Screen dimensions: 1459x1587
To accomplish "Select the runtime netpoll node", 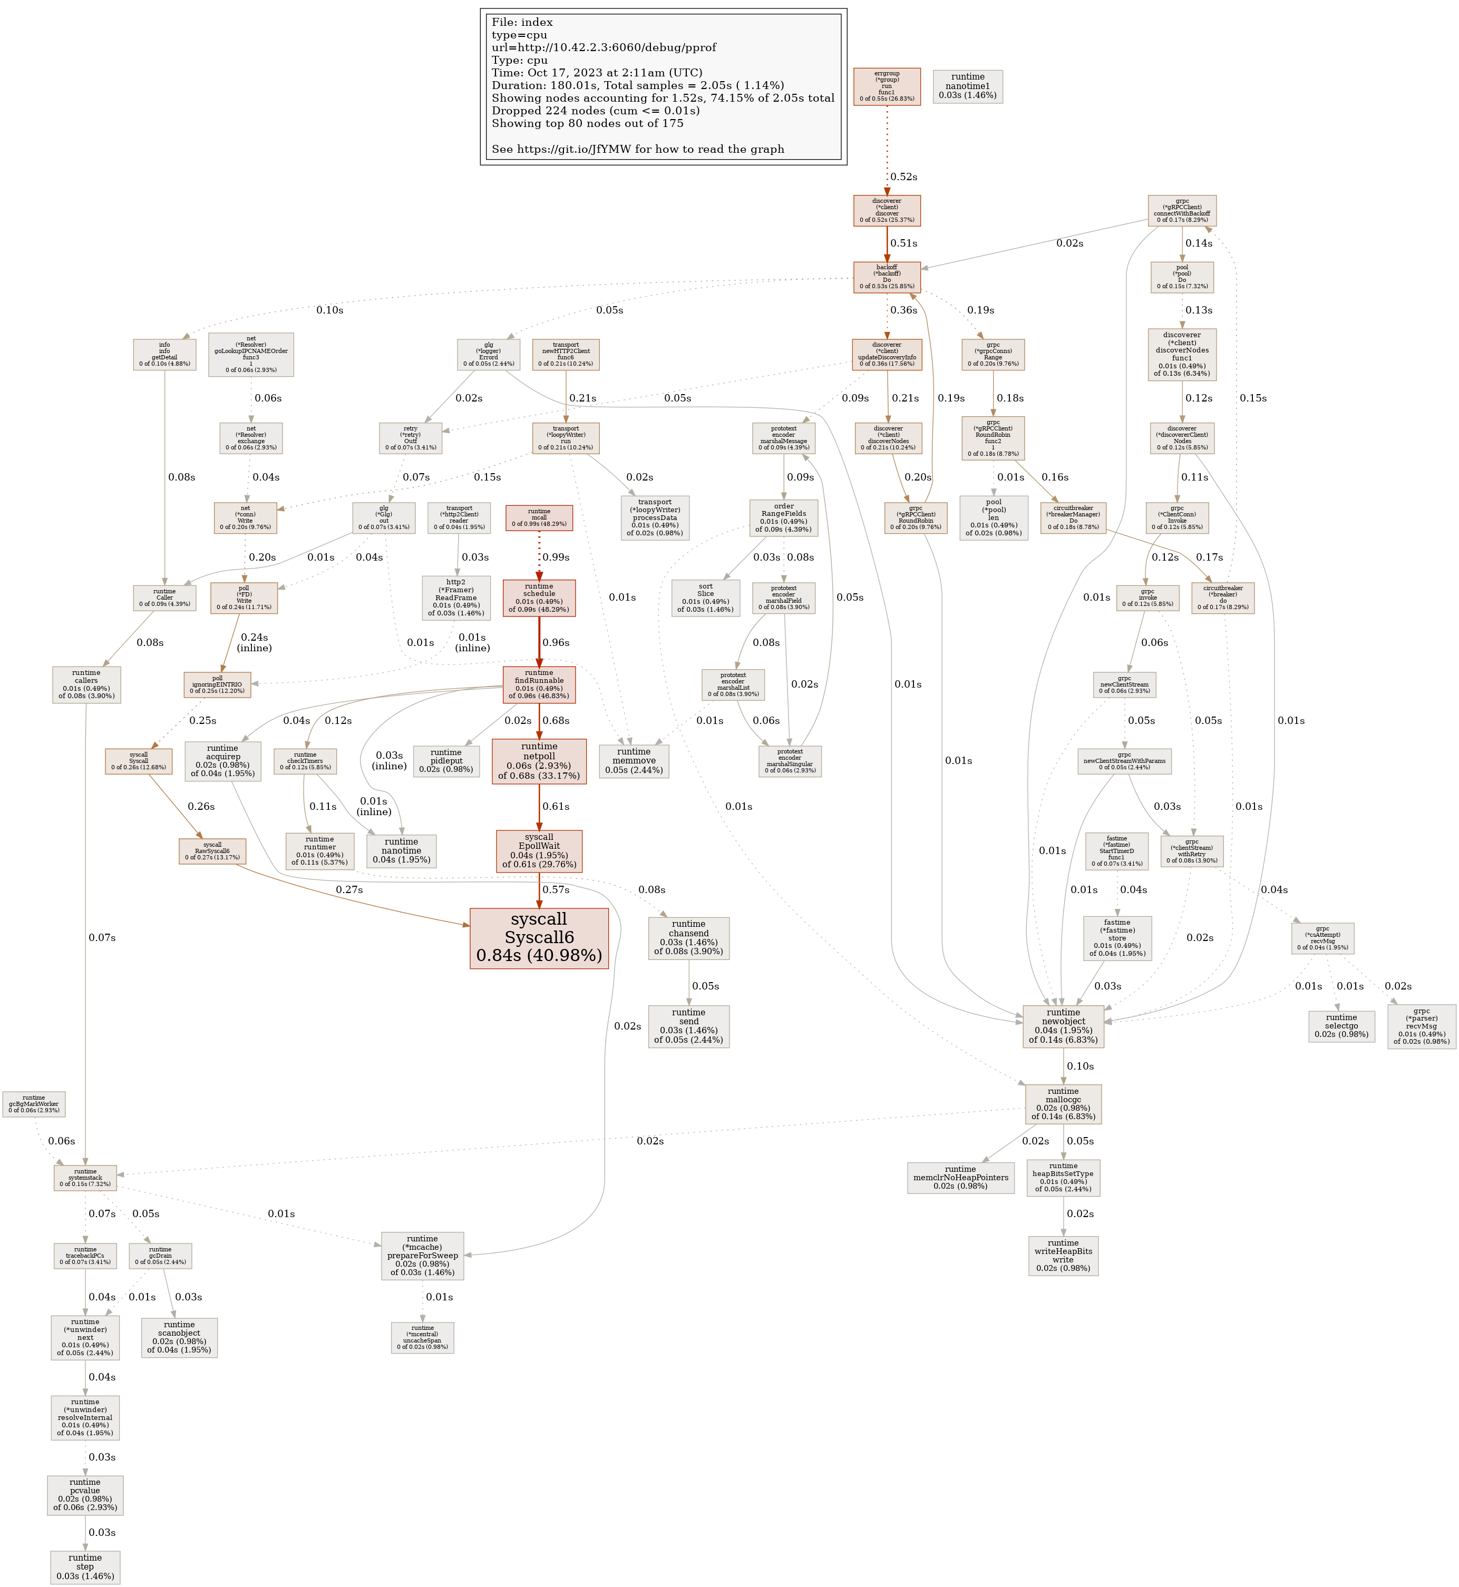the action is [x=539, y=761].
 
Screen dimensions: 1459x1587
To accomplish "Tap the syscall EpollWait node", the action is [x=539, y=851].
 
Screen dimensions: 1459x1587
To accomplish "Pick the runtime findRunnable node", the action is [x=539, y=684].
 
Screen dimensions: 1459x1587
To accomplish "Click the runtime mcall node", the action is [x=539, y=518].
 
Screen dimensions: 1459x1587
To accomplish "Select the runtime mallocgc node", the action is [x=1063, y=1104].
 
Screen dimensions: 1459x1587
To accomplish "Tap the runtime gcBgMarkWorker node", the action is [x=34, y=1104].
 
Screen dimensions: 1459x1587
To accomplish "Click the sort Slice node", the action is [x=705, y=598].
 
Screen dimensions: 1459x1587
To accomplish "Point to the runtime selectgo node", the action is [x=1341, y=1026].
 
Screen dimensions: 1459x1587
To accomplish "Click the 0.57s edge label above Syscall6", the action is [x=556, y=889].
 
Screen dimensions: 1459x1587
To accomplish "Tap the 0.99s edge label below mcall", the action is [x=556, y=557].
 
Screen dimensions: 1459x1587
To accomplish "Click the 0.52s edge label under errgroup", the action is [x=903, y=177].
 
